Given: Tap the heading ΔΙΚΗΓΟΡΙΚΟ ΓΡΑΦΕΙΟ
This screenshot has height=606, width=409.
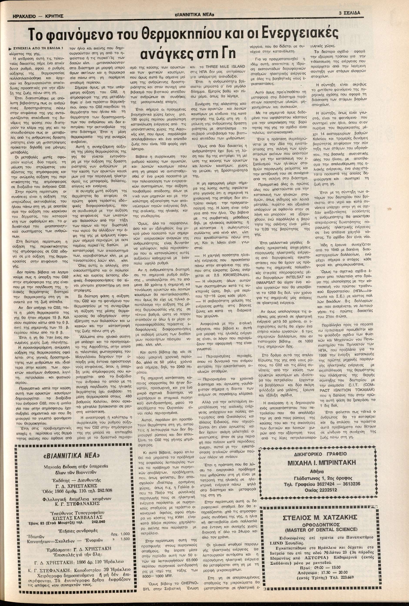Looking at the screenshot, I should pyautogui.click(x=321, y=454).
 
